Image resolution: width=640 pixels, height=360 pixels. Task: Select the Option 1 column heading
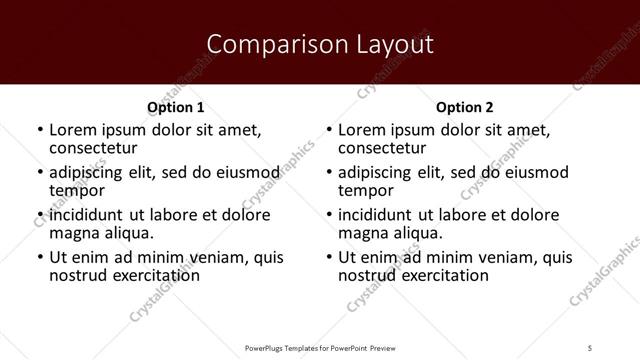(x=176, y=107)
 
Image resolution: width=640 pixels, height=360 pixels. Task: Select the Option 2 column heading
(x=465, y=107)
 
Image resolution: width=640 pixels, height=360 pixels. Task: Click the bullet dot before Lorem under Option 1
(x=40, y=131)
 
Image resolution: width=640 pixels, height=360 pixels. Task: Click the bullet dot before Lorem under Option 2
(x=329, y=131)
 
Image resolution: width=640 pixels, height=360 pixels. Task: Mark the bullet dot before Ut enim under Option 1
(x=40, y=258)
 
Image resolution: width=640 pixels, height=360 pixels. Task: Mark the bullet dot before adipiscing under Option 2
(x=329, y=173)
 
